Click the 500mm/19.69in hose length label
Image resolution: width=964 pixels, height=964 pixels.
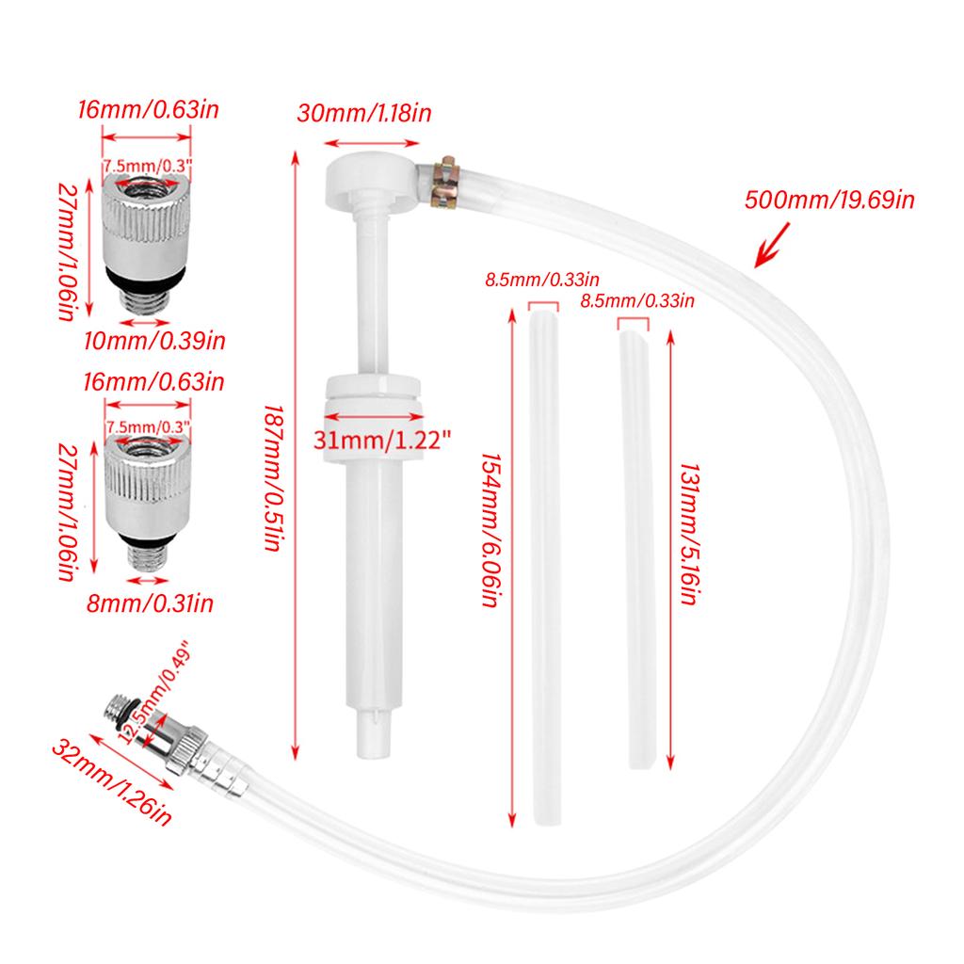pos(829,200)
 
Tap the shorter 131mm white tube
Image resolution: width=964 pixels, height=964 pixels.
pos(635,546)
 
